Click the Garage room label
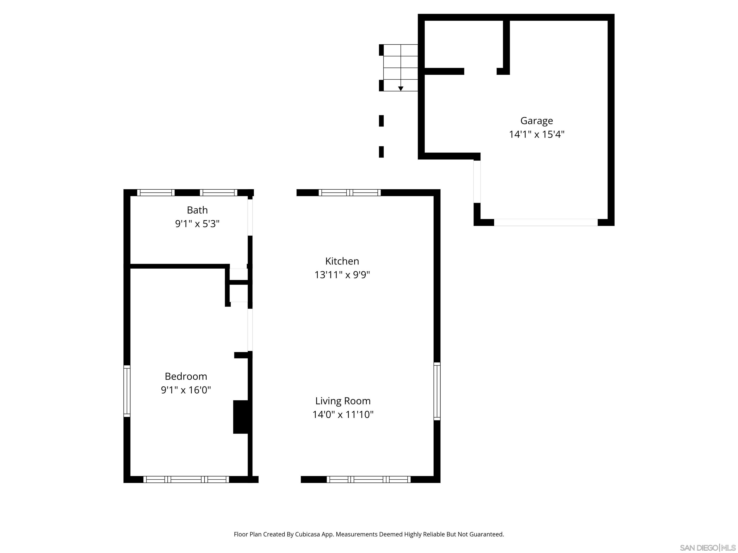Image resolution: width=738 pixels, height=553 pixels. click(x=536, y=121)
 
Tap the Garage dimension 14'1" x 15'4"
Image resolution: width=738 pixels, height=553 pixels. click(x=536, y=134)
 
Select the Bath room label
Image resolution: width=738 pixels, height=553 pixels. click(x=197, y=210)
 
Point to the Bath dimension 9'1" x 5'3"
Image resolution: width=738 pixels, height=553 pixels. click(x=197, y=224)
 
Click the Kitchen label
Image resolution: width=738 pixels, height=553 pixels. click(x=342, y=261)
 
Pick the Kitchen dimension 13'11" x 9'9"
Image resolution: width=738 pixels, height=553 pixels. click(x=342, y=275)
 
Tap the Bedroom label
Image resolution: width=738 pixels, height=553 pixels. click(x=186, y=376)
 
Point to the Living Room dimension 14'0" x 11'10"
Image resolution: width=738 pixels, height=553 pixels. click(x=343, y=414)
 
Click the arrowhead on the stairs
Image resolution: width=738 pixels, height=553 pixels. click(x=401, y=89)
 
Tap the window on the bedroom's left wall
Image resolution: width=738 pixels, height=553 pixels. click(x=127, y=391)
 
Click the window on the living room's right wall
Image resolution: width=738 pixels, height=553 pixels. click(x=437, y=391)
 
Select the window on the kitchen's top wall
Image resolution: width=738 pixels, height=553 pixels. click(x=349, y=192)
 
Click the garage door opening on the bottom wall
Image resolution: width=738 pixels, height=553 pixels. click(x=546, y=222)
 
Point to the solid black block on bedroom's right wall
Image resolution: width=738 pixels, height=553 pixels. click(x=240, y=417)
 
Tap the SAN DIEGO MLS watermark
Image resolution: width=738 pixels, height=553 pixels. click(x=707, y=548)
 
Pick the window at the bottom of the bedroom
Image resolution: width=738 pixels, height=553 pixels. click(x=186, y=479)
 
